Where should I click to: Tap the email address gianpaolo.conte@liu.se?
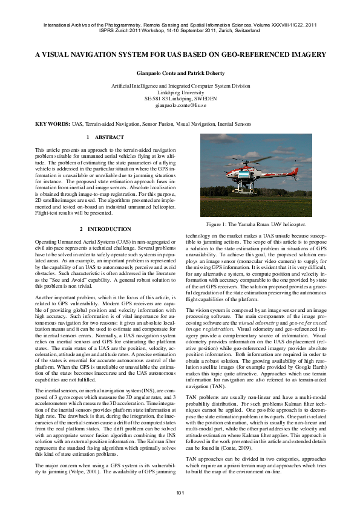pos(180,105)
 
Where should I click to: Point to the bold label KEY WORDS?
pos(52,124)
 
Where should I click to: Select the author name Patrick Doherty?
pos(205,72)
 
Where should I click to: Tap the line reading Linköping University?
pos(180,92)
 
